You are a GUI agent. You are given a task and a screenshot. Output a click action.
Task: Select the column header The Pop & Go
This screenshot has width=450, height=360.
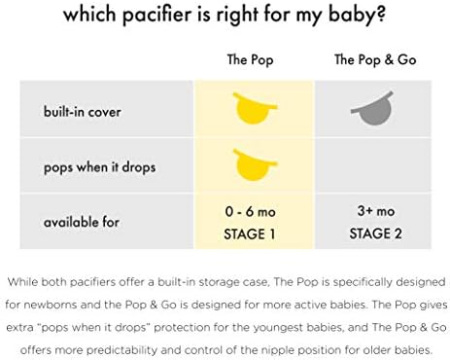click(375, 60)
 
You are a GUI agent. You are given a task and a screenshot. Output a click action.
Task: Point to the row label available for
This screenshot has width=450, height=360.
click(81, 222)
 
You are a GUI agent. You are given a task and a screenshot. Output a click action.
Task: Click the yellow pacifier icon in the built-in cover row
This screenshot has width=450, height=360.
click(253, 106)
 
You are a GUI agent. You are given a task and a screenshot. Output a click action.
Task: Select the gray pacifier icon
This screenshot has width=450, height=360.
click(375, 107)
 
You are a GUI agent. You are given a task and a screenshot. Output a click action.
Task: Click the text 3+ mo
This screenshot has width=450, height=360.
click(375, 211)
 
